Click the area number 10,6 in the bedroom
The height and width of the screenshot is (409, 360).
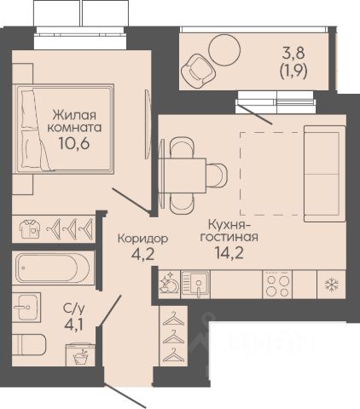coord(74,143)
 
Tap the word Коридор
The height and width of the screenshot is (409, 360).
coord(142,239)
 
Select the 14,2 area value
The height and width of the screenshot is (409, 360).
coord(229,253)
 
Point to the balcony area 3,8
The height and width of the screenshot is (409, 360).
coord(293,53)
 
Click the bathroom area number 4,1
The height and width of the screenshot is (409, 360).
coord(73,325)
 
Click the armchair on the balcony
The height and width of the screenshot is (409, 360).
coord(198,71)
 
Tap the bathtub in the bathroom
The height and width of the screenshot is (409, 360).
coord(53,268)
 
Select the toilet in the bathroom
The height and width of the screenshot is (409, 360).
coord(29,345)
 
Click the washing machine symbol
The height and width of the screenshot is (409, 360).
coord(80,354)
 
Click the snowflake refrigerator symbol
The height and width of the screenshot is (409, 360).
coord(332,285)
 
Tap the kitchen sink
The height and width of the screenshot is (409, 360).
coord(195,285)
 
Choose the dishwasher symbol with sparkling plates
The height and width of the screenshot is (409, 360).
coord(169,283)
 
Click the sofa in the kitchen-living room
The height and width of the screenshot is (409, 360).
coord(325,174)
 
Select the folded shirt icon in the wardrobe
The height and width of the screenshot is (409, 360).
coord(30,228)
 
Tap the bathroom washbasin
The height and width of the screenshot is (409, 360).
coord(26,307)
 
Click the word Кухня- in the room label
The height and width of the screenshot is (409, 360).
coord(229,225)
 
